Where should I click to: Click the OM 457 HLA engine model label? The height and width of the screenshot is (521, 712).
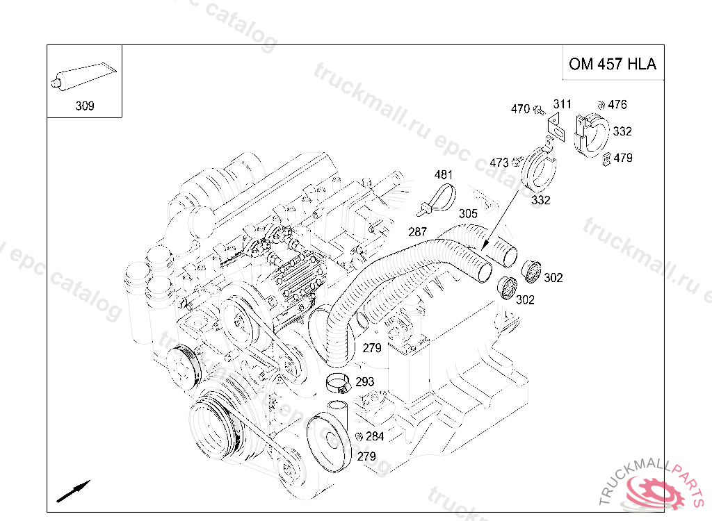[x=613, y=64]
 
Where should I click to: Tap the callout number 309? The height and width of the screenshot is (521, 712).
[x=85, y=106]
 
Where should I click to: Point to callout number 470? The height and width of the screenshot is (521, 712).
[x=520, y=109]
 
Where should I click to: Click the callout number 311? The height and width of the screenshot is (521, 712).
[x=562, y=104]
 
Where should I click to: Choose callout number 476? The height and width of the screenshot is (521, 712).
[x=617, y=104]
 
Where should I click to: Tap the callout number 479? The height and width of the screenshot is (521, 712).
[x=623, y=158]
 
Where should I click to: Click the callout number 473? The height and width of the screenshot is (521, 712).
[x=499, y=163]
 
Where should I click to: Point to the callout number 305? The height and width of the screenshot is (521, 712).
[x=468, y=213]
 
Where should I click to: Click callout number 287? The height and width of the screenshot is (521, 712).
[x=417, y=232]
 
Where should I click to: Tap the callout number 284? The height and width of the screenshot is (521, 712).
[x=375, y=436]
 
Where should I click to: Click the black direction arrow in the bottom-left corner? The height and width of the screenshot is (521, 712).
[x=74, y=491]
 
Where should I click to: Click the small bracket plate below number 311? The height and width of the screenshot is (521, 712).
[x=556, y=128]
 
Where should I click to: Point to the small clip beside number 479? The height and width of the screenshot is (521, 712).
[x=606, y=160]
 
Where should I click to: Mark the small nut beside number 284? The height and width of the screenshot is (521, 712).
[x=358, y=436]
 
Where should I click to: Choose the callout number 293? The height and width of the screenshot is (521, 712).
[x=364, y=381]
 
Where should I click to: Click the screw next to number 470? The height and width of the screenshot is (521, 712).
[x=539, y=109]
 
